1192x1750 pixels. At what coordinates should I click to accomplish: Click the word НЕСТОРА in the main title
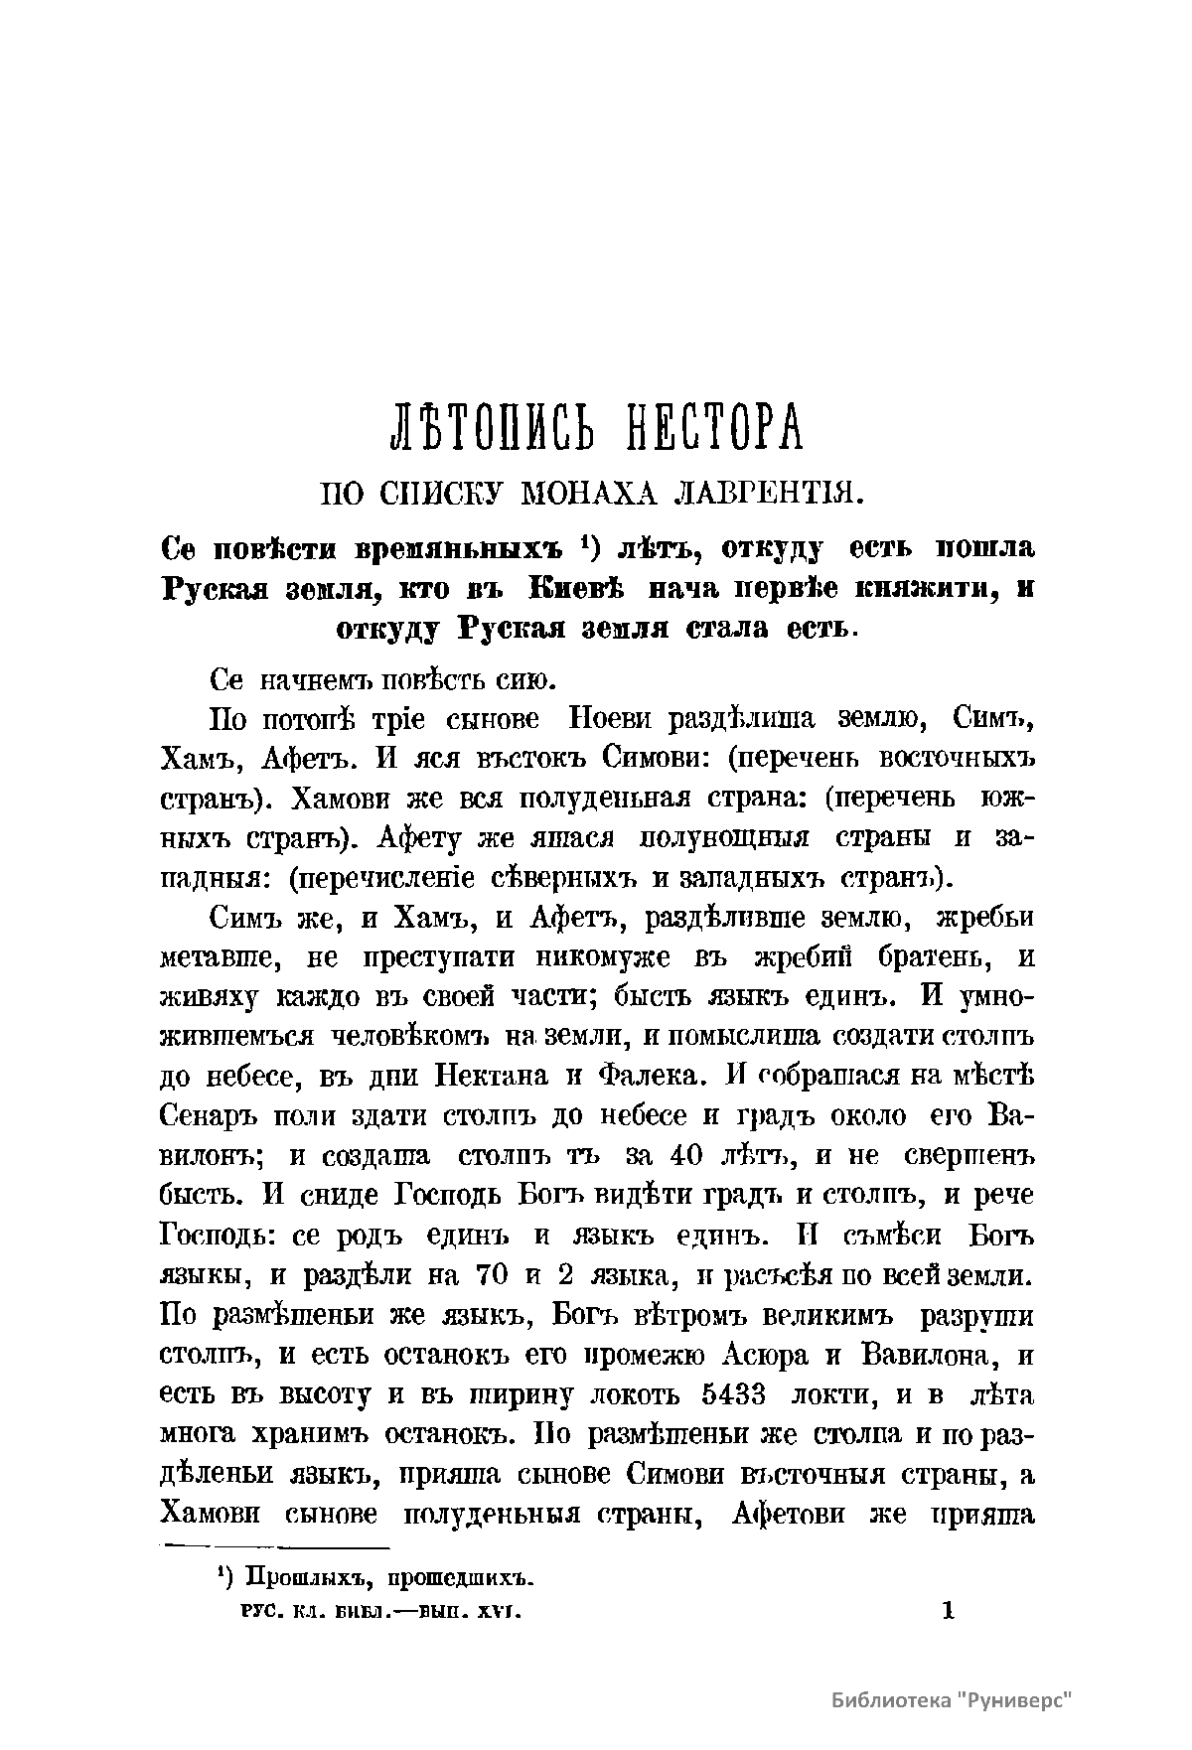(x=699, y=427)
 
